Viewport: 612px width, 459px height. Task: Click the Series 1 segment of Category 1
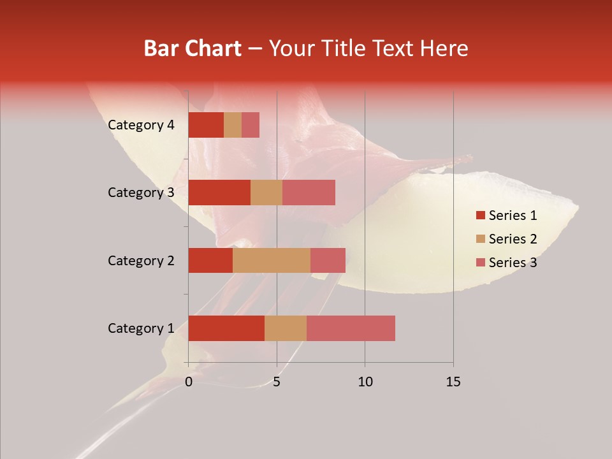pos(226,328)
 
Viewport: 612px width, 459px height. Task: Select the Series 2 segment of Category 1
pos(286,328)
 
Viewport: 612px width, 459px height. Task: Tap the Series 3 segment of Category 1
pos(351,328)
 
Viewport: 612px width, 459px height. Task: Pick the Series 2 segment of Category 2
pos(272,260)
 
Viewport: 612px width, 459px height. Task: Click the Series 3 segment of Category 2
pos(328,260)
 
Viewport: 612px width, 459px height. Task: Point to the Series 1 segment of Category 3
pos(219,193)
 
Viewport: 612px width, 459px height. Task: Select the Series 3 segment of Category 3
pos(309,193)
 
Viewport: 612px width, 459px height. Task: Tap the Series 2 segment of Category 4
pos(233,125)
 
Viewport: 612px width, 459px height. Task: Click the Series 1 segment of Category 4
pos(206,125)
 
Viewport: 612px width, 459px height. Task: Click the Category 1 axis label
pos(141,328)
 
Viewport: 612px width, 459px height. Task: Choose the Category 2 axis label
pos(141,260)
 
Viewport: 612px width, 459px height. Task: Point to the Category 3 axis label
pos(141,193)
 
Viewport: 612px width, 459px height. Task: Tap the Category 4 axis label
pos(141,125)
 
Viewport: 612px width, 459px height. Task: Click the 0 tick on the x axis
pos(189,382)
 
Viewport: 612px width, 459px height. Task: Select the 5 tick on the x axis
pos(277,382)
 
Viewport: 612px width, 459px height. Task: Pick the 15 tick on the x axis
pos(453,382)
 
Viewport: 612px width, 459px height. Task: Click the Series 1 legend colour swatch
pos(480,215)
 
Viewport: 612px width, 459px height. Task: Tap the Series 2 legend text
pos(513,239)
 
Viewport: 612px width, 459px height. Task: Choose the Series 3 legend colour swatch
pos(480,263)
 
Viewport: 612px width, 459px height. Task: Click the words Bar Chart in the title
pos(193,48)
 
